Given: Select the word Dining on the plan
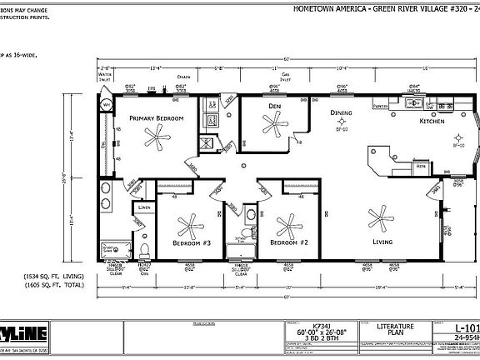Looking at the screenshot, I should pyautogui.click(x=340, y=113).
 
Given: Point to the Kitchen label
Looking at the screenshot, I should pyautogui.click(x=432, y=122).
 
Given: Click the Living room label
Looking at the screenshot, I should pyautogui.click(x=382, y=242).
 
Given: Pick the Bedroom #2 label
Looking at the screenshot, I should pyautogui.click(x=293, y=242).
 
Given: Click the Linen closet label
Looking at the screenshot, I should pyautogui.click(x=144, y=205).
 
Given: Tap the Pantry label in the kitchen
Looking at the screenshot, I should pyautogui.click(x=381, y=107).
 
